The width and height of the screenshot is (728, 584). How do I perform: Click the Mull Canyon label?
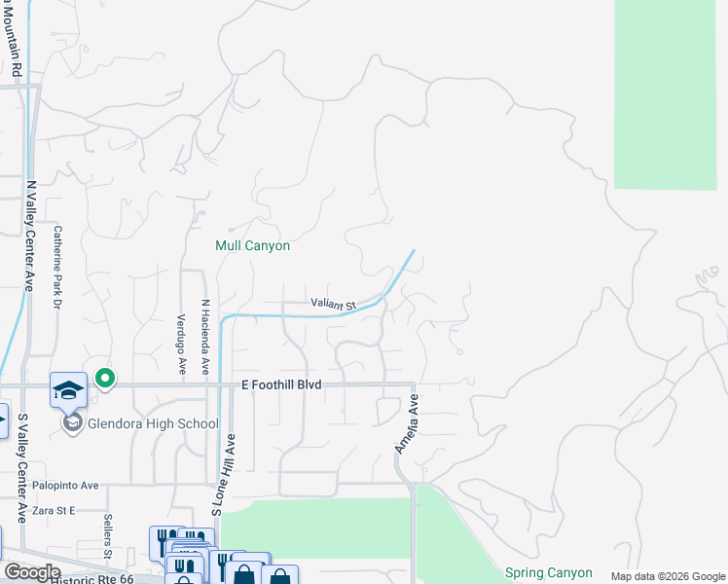pos(252,246)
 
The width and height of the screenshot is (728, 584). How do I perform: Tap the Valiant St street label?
pos(335,305)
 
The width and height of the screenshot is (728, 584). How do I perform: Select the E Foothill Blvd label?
pos(281,385)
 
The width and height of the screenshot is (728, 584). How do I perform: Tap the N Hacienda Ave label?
pos(205,337)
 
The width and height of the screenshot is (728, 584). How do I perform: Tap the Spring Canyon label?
pos(549,572)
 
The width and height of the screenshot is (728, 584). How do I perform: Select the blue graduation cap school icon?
pos(69,390)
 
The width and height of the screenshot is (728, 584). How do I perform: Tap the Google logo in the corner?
pos(32,572)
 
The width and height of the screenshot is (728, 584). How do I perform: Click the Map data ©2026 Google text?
pos(668,576)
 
